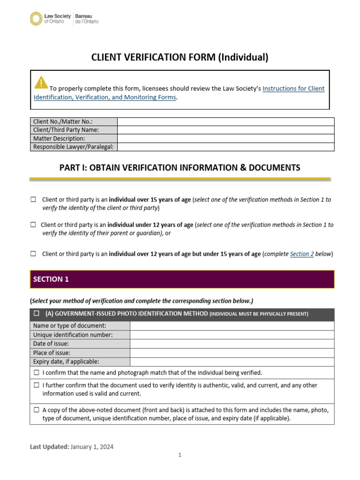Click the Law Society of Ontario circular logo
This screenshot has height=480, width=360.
coord(36,19)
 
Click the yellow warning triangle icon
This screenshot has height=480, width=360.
coord(41,82)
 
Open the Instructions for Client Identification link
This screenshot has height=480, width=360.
coord(293,89)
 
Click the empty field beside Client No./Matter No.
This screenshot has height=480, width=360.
coord(225,121)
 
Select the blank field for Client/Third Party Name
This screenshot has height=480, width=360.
coord(225,130)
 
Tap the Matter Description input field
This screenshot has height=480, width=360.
coord(225,139)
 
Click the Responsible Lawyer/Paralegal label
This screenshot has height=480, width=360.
coord(74,147)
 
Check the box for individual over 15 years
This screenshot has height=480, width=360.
coord(33,200)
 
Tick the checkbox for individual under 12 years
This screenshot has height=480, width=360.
coord(33,225)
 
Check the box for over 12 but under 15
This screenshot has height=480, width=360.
coord(33,254)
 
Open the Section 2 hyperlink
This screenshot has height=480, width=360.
coord(302,254)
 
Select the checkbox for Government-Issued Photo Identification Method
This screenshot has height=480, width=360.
coord(37,314)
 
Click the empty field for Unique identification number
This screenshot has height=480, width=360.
coord(232,335)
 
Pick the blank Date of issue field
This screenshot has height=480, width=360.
coord(232,344)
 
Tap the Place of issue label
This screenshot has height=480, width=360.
coord(52,352)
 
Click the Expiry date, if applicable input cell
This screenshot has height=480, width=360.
coord(232,361)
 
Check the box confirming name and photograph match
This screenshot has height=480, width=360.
coord(37,373)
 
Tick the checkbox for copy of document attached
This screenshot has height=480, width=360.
coord(37,410)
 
